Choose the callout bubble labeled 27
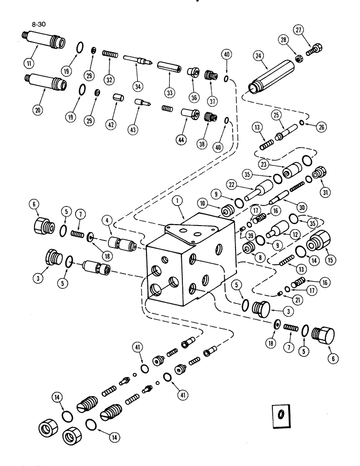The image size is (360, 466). point(298,30)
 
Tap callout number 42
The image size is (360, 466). point(112,125)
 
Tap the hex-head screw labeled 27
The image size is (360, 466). point(316,48)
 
